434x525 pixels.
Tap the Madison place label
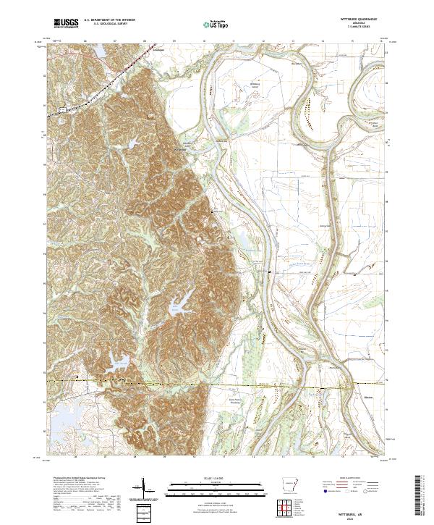point(353,397)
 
